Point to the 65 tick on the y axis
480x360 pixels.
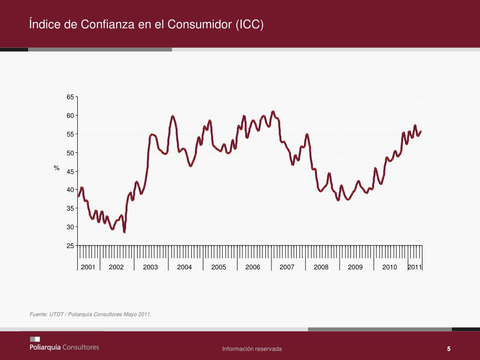tap(70, 97)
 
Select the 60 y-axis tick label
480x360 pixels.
tap(70, 116)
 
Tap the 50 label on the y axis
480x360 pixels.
tap(70, 153)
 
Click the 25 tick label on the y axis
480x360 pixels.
tap(70, 246)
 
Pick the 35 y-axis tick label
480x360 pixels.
tap(70, 209)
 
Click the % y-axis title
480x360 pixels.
tap(57, 168)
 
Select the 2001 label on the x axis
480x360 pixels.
tap(88, 267)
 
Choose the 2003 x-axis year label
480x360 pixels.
tap(150, 267)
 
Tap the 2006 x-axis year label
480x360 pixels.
tap(253, 267)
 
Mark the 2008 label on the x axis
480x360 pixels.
tap(321, 267)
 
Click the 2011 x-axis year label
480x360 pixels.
tap(415, 267)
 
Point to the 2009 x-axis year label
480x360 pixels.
tap(355, 267)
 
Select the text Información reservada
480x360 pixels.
tap(252, 349)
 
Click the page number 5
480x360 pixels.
tap(449, 349)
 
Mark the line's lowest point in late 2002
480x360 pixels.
tap(124, 232)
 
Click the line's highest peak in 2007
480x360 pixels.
tap(273, 112)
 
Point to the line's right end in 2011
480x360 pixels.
tap(421, 131)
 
